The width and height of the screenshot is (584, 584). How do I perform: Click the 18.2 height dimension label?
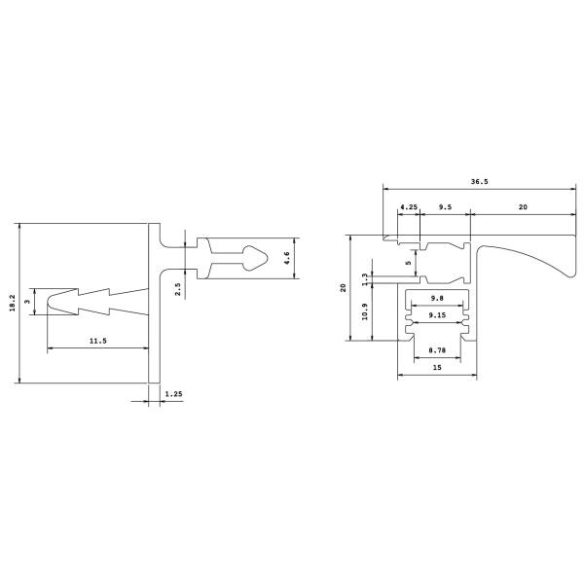pyautogui.click(x=13, y=303)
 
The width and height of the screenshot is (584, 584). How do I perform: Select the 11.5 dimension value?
pyautogui.click(x=98, y=341)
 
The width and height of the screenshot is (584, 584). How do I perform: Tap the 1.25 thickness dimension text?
pyautogui.click(x=173, y=393)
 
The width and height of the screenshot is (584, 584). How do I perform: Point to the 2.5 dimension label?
pyautogui.click(x=178, y=289)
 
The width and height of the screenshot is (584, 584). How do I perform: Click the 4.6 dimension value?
pyautogui.click(x=286, y=258)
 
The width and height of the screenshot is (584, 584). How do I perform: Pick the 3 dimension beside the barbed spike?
pyautogui.click(x=27, y=302)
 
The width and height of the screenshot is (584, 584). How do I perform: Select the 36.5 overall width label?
pyautogui.click(x=479, y=182)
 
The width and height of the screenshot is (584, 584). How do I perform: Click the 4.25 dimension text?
pyautogui.click(x=409, y=207)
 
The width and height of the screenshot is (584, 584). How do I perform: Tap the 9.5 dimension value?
pyautogui.click(x=445, y=207)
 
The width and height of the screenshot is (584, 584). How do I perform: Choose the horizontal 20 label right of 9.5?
pyautogui.click(x=523, y=207)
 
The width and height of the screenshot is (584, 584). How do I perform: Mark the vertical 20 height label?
pyautogui.click(x=343, y=287)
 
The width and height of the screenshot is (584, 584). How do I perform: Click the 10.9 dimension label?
pyautogui.click(x=365, y=311)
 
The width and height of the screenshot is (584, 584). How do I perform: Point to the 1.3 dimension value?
pyautogui.click(x=365, y=278)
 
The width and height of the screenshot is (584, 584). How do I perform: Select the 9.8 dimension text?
pyautogui.click(x=437, y=298)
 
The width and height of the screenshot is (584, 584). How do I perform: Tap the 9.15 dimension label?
pyautogui.click(x=437, y=315)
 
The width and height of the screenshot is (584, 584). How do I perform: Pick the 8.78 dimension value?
pyautogui.click(x=437, y=350)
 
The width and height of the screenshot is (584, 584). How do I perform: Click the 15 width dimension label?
pyautogui.click(x=437, y=367)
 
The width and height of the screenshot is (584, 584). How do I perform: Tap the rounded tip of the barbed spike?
pyautogui.click(x=48, y=302)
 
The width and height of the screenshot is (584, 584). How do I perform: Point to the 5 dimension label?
pyautogui.click(x=409, y=263)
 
